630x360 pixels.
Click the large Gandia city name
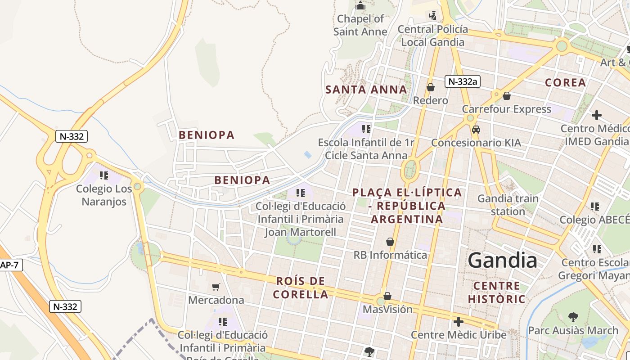click(502, 261)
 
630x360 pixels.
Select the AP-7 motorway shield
click(9, 265)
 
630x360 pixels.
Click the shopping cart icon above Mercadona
click(216, 287)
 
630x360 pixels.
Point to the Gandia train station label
click(508, 205)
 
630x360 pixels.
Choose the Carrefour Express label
click(506, 109)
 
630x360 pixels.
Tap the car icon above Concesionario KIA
click(476, 130)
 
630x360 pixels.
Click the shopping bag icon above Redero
click(431, 87)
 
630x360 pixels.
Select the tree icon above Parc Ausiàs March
click(573, 317)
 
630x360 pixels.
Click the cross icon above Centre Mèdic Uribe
click(458, 322)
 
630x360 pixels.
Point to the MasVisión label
click(387, 309)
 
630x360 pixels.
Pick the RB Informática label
click(390, 255)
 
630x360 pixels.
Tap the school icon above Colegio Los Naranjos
click(104, 175)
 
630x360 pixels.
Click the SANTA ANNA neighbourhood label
click(366, 90)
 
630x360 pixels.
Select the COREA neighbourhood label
click(565, 83)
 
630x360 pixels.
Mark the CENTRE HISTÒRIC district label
click(496, 292)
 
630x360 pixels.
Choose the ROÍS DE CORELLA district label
click(301, 288)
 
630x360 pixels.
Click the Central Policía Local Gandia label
click(432, 36)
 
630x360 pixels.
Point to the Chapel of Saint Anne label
click(360, 25)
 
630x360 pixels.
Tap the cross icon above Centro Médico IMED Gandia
click(596, 115)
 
